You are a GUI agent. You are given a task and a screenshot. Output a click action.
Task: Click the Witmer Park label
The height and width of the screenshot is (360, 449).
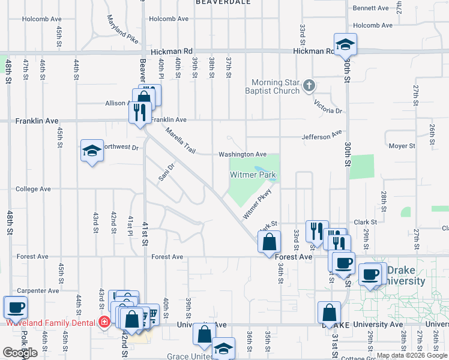[253, 175]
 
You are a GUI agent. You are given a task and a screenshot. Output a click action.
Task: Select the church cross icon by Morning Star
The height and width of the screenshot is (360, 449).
[309, 86]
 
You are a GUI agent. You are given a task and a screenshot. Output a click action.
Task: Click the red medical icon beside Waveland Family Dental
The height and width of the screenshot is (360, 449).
[104, 322]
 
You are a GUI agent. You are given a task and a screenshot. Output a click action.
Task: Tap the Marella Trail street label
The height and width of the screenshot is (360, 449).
[181, 140]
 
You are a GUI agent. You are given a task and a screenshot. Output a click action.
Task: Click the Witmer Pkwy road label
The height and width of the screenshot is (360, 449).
[258, 205]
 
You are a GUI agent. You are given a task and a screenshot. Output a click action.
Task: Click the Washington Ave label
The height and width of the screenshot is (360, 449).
[243, 154]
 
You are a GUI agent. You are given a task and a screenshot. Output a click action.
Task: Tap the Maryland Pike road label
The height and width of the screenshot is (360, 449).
[123, 29]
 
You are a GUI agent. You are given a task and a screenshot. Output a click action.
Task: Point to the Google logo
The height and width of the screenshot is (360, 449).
[20, 353]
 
